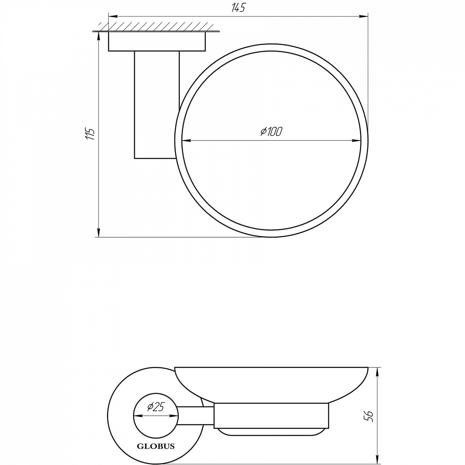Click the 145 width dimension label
238,8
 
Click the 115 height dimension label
91,134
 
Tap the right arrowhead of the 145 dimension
364,16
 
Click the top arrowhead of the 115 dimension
99,36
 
